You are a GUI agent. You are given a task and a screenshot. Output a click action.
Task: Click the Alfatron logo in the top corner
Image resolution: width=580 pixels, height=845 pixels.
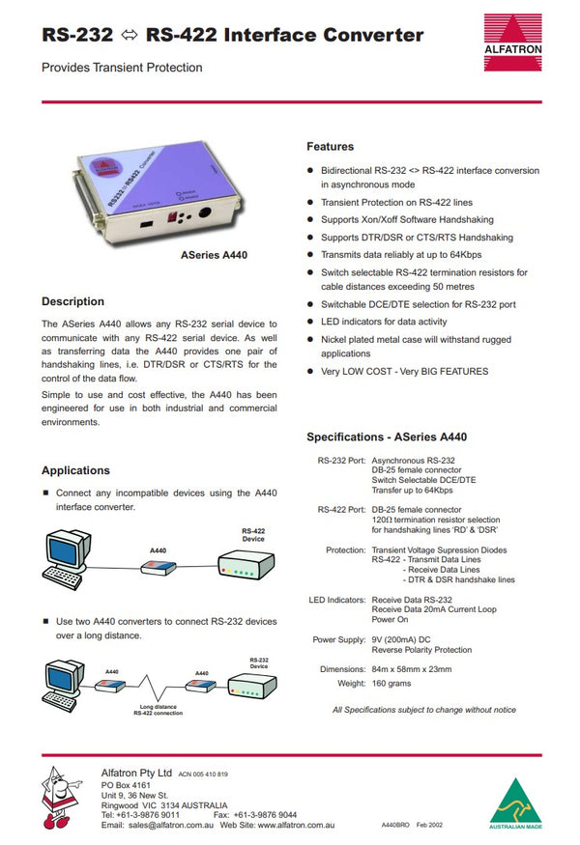coord(512,42)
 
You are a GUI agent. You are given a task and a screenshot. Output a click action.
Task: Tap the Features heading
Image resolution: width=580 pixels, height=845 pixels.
coord(330,147)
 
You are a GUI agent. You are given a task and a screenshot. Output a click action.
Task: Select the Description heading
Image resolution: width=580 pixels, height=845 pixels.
coord(72,301)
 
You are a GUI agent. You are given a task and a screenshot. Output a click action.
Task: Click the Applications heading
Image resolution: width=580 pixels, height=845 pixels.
coord(75,470)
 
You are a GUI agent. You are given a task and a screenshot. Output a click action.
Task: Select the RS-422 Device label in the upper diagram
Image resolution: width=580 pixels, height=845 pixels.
coord(253,535)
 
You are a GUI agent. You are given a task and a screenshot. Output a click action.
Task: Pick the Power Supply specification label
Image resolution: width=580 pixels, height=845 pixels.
coord(338,640)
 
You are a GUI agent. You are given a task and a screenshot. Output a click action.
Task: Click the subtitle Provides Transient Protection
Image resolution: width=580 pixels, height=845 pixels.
coord(122,68)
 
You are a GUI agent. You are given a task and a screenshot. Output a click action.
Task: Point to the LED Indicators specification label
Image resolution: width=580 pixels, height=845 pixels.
coord(336,600)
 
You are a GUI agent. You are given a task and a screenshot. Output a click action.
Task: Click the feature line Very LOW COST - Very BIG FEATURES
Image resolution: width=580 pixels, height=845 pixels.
coord(404,371)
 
